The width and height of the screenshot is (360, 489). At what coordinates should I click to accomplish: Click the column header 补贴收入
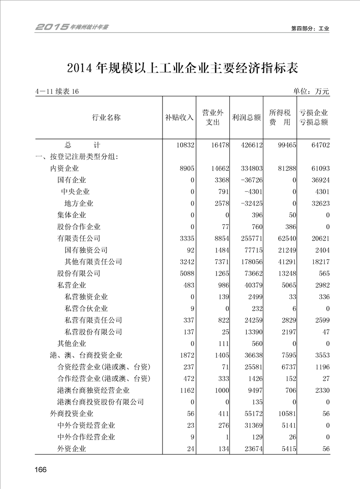179,117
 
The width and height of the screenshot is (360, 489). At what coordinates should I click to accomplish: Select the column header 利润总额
247,117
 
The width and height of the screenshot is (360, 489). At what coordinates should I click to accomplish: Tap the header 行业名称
107,117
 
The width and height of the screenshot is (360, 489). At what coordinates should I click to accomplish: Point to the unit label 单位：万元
311,91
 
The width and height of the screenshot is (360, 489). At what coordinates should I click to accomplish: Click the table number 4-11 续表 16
57,92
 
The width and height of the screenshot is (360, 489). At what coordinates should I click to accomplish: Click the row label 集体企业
72,215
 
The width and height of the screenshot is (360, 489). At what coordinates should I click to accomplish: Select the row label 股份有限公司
79,273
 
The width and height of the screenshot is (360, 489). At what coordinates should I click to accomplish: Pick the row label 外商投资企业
72,414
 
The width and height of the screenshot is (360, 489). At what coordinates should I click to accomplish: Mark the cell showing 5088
186,273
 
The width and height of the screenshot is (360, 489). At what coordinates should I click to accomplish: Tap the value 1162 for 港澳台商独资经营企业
186,390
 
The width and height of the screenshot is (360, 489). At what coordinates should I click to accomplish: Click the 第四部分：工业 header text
310,28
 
